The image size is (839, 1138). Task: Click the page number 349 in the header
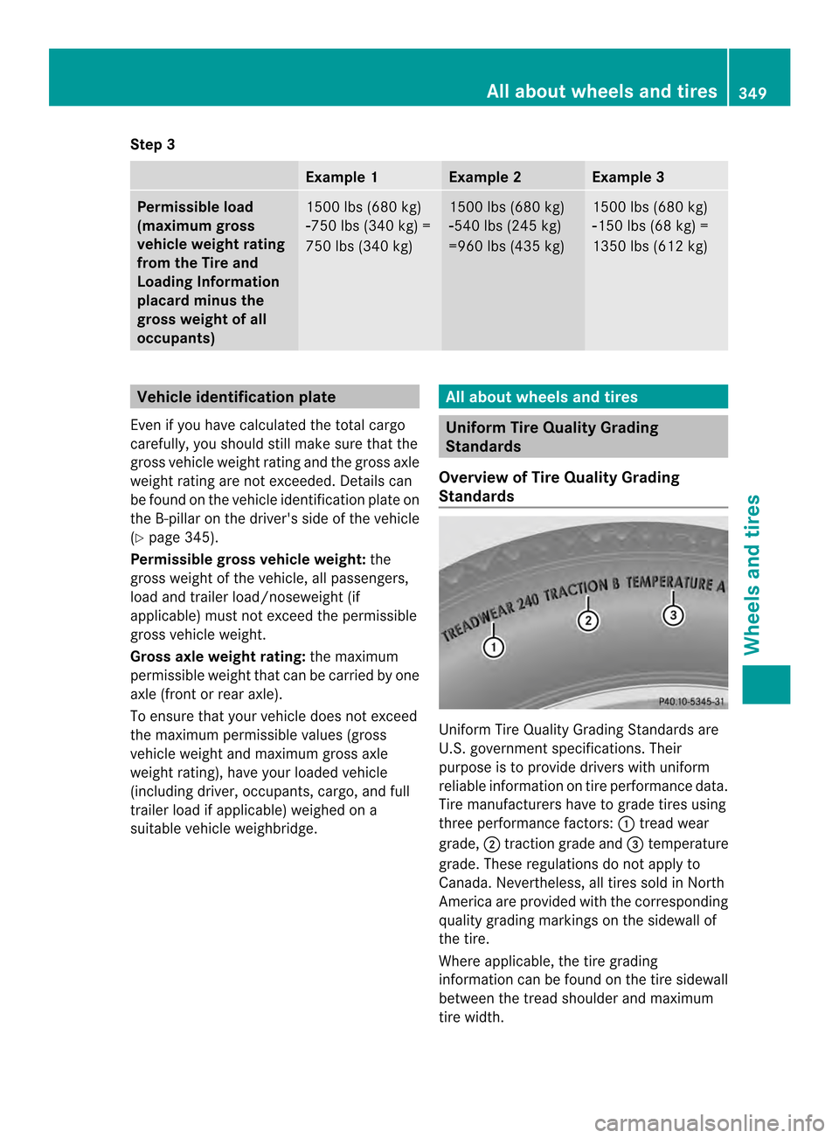(x=752, y=93)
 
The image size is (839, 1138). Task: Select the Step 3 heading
(x=153, y=144)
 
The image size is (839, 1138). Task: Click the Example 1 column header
(x=342, y=177)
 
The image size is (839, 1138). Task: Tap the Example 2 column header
(x=485, y=177)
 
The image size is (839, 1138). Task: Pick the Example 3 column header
(x=628, y=177)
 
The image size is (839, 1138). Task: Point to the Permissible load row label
(x=211, y=272)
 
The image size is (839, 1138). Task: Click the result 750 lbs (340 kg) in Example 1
(x=359, y=246)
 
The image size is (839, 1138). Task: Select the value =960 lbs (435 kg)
(x=507, y=246)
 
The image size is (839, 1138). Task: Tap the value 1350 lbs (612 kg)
(x=650, y=246)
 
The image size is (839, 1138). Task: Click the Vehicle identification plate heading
(x=236, y=397)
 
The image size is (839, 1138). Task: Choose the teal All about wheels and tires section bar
(x=583, y=397)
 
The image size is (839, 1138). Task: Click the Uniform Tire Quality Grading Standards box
(x=583, y=436)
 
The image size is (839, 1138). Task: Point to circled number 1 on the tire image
(x=494, y=647)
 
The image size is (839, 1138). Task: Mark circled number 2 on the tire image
(x=588, y=620)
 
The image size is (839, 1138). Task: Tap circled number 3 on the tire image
(x=673, y=615)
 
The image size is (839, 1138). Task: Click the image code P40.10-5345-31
(x=690, y=701)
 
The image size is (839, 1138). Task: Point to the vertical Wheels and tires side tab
(x=752, y=574)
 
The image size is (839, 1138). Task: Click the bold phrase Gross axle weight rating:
(x=218, y=656)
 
